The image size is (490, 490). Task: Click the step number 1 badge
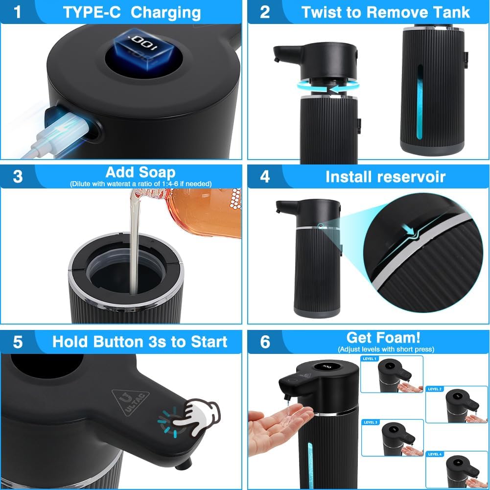(18, 12)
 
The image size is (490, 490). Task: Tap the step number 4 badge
(265, 176)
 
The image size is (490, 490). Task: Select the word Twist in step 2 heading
(320, 12)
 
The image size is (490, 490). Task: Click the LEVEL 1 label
(370, 359)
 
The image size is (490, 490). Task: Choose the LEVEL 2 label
(435, 389)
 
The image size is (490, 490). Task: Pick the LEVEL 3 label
(370, 421)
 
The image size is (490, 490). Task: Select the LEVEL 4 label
(435, 454)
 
